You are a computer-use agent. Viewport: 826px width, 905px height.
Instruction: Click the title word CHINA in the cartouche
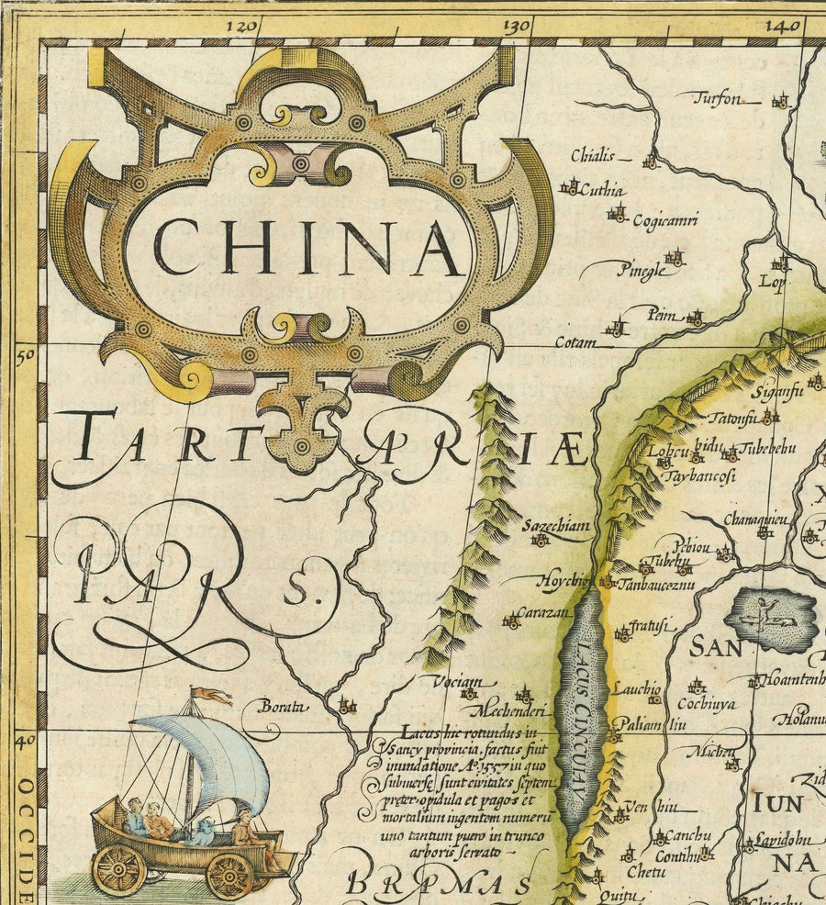(307, 247)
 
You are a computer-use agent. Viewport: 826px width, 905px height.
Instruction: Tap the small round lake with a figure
(769, 620)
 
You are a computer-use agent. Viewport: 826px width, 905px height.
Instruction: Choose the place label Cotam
(576, 342)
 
